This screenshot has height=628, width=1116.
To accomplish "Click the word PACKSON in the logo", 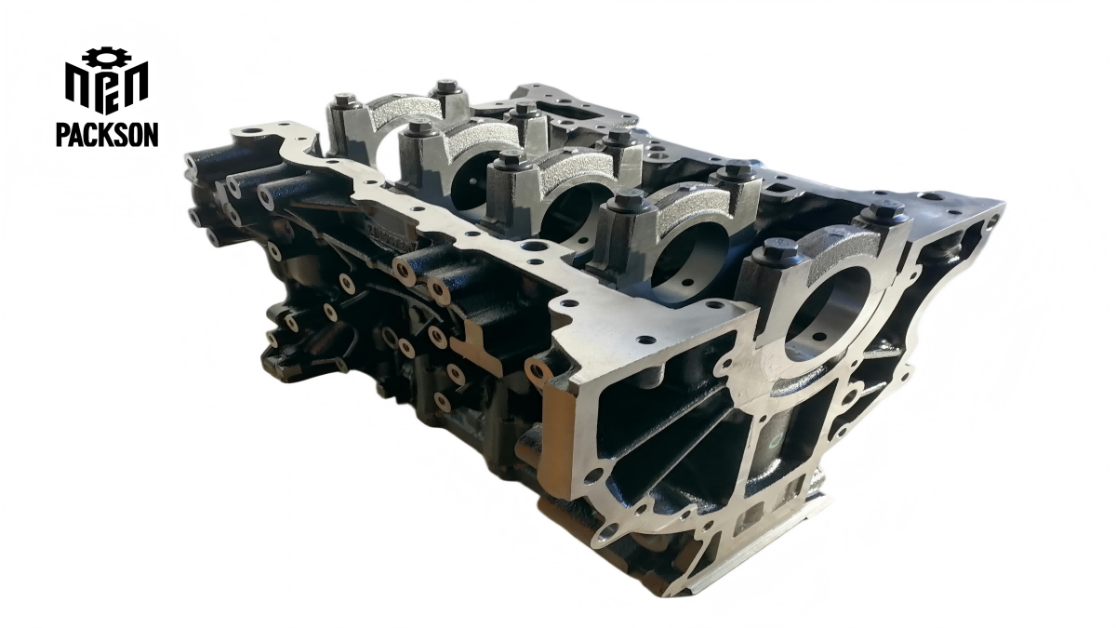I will click(x=106, y=134).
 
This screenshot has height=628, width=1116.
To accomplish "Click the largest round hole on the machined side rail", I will click(x=534, y=248).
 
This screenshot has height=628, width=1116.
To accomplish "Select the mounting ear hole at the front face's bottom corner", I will click(x=608, y=533).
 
